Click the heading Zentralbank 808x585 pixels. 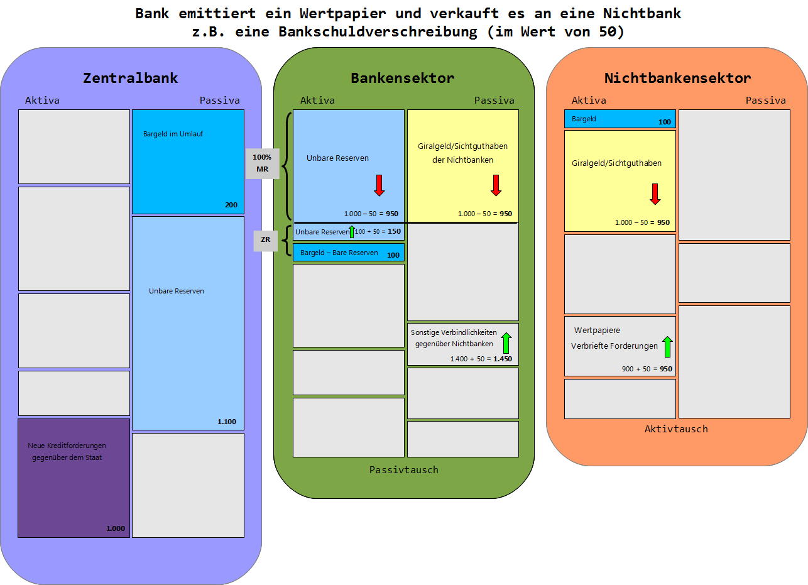131,79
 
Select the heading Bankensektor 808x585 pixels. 403,79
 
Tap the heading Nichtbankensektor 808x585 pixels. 677,79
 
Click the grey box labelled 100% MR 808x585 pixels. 262,163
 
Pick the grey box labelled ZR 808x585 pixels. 265,239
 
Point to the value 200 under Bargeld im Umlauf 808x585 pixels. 231,205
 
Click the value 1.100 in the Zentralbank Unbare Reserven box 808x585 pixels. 227,422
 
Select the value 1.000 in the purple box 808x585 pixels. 116,528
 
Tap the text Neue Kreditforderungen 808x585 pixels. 67,446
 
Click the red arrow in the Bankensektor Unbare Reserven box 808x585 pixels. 379,185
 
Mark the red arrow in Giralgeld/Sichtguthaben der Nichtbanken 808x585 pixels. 496,185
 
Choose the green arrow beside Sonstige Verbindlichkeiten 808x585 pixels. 506,343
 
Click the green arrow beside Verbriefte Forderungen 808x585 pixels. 667,346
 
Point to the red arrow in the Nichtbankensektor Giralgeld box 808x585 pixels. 655,194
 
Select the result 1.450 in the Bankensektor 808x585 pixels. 503,359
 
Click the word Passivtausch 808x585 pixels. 403,470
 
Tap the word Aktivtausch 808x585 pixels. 676,429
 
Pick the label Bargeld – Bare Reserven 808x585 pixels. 339,253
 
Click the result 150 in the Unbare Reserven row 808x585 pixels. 394,232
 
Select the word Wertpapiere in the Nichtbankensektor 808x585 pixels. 597,330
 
